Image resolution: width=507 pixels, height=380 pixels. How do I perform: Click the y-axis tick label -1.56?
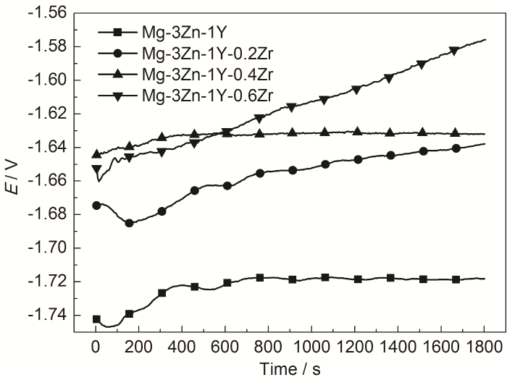[49, 13]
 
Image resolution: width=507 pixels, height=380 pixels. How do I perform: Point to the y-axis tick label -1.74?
[49, 315]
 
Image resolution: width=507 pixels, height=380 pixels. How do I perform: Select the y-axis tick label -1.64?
[49, 147]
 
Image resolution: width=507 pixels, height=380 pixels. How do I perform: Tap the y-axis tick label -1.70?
[49, 248]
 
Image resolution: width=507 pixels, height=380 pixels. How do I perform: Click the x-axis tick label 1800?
[483, 347]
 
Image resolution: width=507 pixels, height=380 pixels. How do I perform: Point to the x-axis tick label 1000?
[311, 347]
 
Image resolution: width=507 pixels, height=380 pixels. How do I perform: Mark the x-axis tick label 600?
[225, 347]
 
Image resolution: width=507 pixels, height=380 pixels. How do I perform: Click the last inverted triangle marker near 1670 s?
[455, 51]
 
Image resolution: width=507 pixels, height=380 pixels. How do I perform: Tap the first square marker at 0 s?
[96, 319]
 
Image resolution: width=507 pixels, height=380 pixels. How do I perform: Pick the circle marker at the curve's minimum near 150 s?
[129, 223]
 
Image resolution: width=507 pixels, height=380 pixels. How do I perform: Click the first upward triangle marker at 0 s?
[96, 153]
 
